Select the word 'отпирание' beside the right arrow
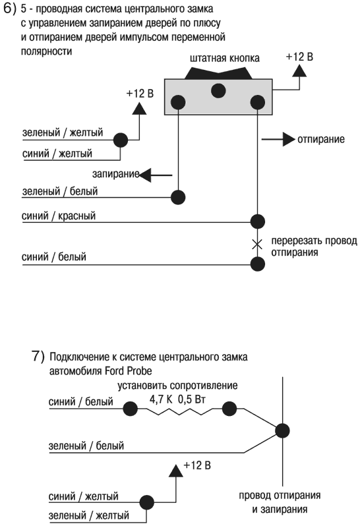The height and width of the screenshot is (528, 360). click(321, 140)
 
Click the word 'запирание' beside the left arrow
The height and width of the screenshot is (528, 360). click(115, 174)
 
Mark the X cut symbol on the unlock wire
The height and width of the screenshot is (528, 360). click(258, 245)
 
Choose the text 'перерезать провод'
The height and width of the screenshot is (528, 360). click(309, 241)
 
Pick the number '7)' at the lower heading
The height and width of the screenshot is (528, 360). click(38, 357)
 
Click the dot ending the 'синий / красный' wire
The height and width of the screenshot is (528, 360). click(258, 221)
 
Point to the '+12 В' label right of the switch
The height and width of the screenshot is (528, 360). click(299, 57)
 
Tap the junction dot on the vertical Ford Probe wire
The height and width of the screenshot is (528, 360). click(283, 430)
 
